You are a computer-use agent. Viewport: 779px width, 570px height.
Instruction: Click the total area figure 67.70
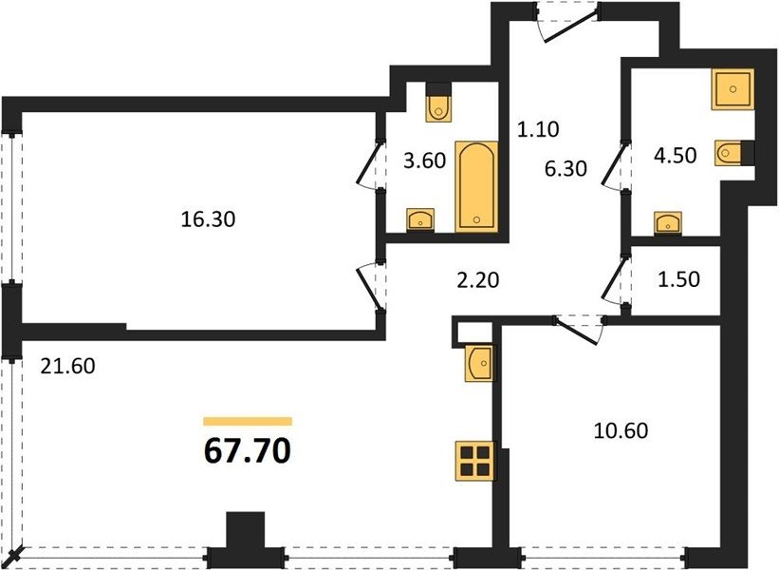click(248, 451)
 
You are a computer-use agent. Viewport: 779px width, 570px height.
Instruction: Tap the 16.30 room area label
click(208, 218)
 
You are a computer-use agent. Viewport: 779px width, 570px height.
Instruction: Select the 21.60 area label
click(67, 367)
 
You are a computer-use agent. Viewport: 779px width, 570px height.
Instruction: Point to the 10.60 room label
click(621, 430)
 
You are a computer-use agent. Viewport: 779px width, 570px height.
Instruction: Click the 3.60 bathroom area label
click(424, 161)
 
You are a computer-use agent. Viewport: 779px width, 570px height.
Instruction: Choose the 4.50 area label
click(676, 156)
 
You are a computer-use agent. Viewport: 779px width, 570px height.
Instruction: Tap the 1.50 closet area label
click(678, 279)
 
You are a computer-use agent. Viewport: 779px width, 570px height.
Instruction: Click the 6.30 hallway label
click(566, 168)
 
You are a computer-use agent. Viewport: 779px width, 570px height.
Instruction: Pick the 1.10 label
click(538, 130)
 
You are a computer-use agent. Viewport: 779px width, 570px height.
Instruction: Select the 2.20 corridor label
click(477, 280)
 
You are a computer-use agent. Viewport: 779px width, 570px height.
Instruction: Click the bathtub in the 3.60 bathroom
click(476, 186)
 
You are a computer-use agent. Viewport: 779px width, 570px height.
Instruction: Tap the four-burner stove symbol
click(475, 461)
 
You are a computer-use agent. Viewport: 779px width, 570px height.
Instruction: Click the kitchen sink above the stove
click(480, 364)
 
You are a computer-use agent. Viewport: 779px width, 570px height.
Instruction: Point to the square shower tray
click(733, 89)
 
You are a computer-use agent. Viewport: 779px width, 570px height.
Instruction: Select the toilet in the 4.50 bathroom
click(731, 153)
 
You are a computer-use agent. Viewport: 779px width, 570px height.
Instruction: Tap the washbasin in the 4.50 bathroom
click(667, 222)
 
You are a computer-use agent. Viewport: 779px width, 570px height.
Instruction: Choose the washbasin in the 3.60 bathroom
click(420, 219)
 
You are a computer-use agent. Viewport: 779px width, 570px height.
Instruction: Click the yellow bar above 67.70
click(248, 422)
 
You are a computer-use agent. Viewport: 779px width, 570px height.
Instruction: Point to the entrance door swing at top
click(567, 25)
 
